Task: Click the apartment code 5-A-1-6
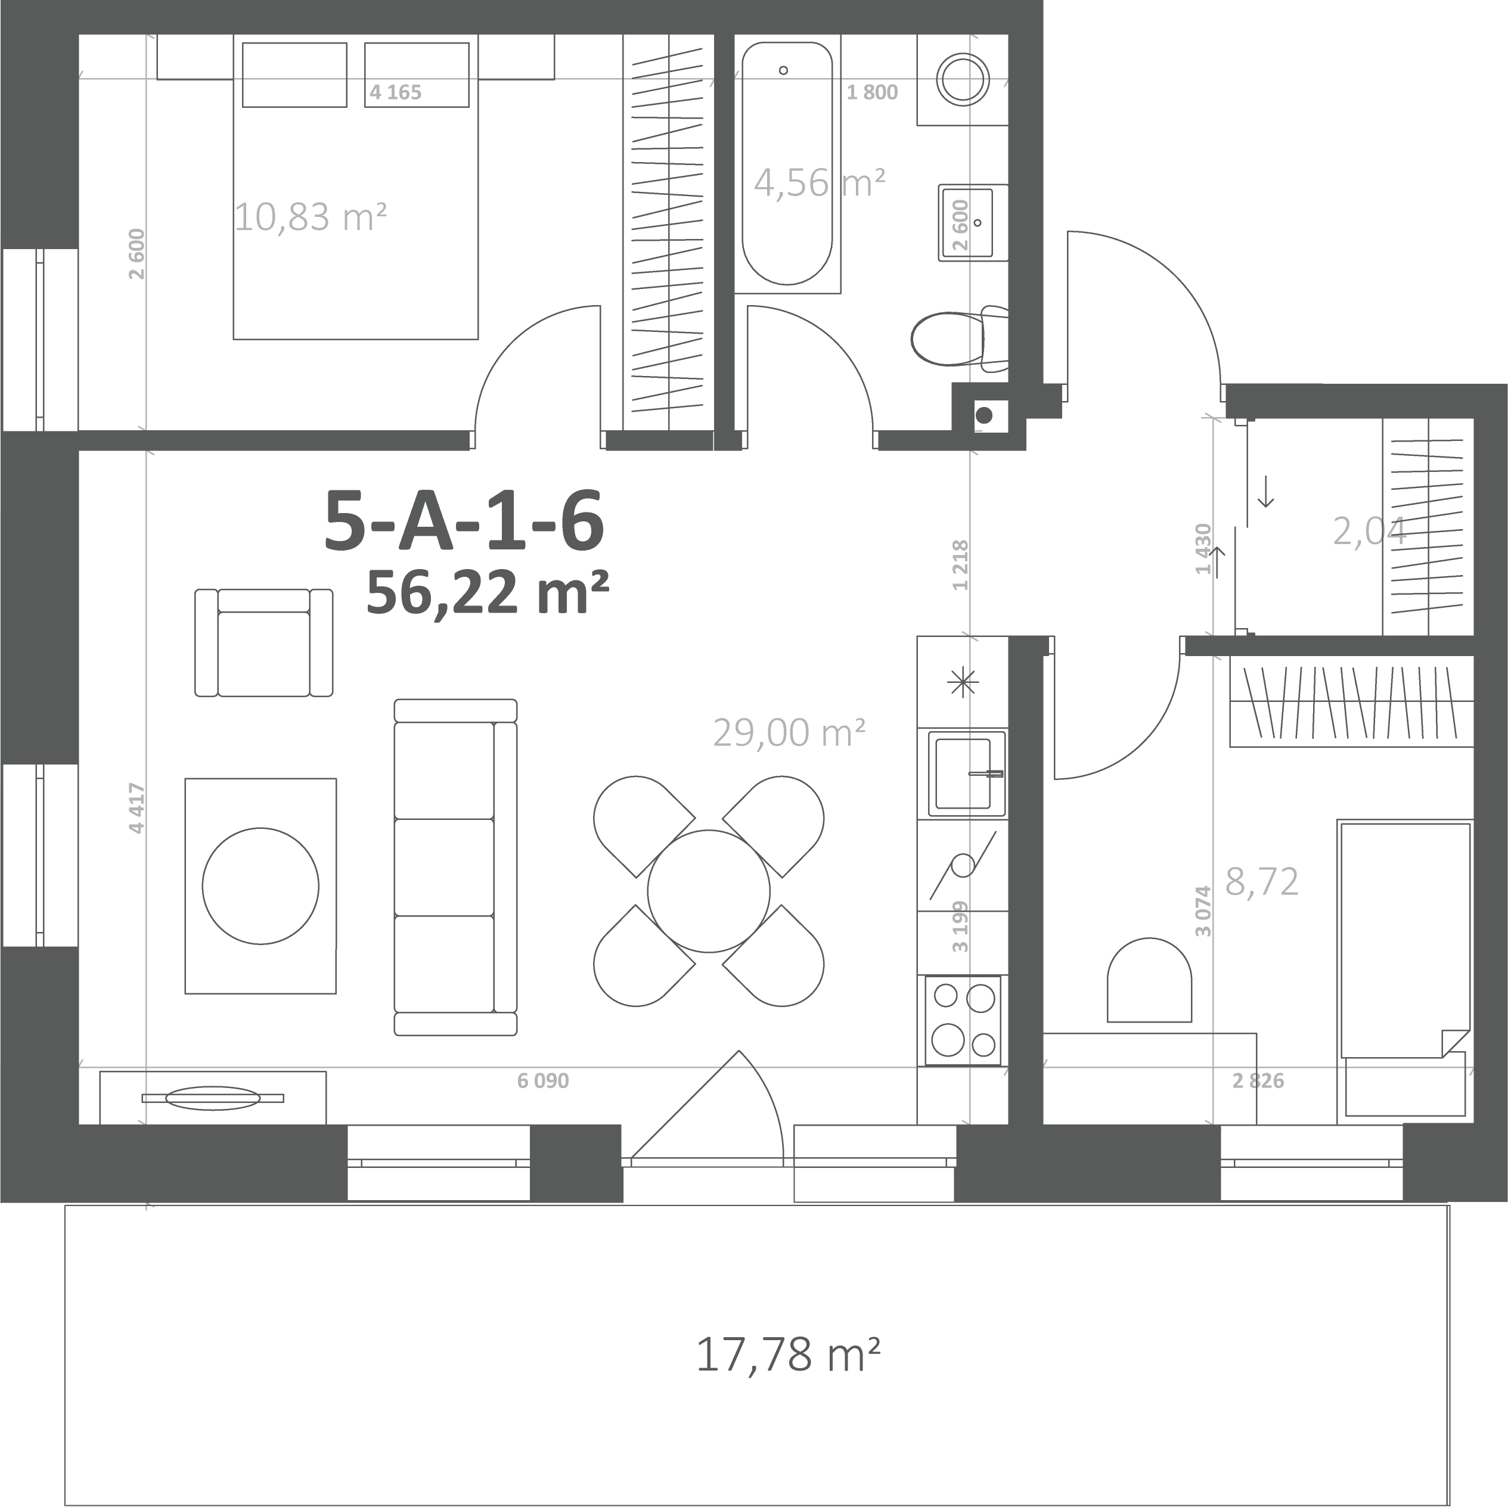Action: (464, 521)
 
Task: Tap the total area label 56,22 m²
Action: (488, 592)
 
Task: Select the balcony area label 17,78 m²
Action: (787, 1355)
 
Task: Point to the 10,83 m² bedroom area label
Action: (311, 216)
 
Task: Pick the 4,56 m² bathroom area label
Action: (820, 182)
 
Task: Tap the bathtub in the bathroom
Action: (787, 164)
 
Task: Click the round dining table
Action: (709, 891)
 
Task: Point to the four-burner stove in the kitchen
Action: (964, 1021)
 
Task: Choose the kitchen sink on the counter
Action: (966, 773)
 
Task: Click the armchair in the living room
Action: (264, 642)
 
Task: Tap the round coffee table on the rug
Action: (260, 885)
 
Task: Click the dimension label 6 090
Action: (543, 1081)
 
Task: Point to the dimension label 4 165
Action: (396, 92)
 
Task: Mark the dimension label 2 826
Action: (1258, 1081)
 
